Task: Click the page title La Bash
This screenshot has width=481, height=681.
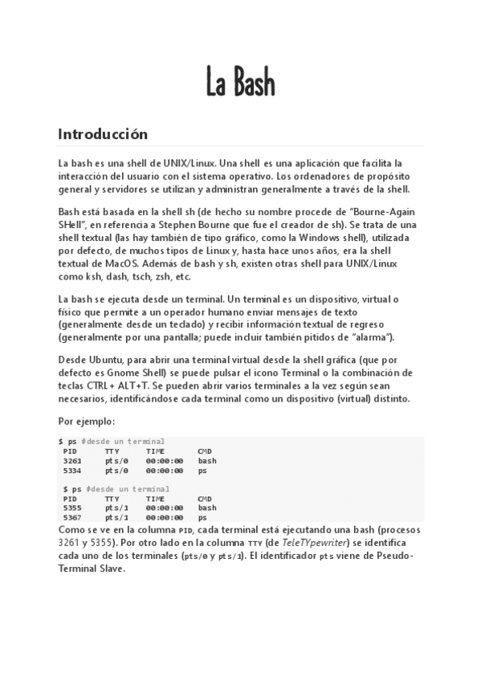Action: pyautogui.click(x=240, y=81)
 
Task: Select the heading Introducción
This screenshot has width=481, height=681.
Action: pyautogui.click(x=103, y=133)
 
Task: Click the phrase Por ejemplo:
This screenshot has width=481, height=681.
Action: pyautogui.click(x=87, y=420)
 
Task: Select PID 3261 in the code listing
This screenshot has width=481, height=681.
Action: pyautogui.click(x=71, y=461)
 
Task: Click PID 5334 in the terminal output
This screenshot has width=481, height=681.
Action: pyautogui.click(x=71, y=471)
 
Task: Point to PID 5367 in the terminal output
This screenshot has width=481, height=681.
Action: pyautogui.click(x=71, y=517)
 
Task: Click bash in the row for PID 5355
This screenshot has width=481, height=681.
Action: pyautogui.click(x=207, y=508)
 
